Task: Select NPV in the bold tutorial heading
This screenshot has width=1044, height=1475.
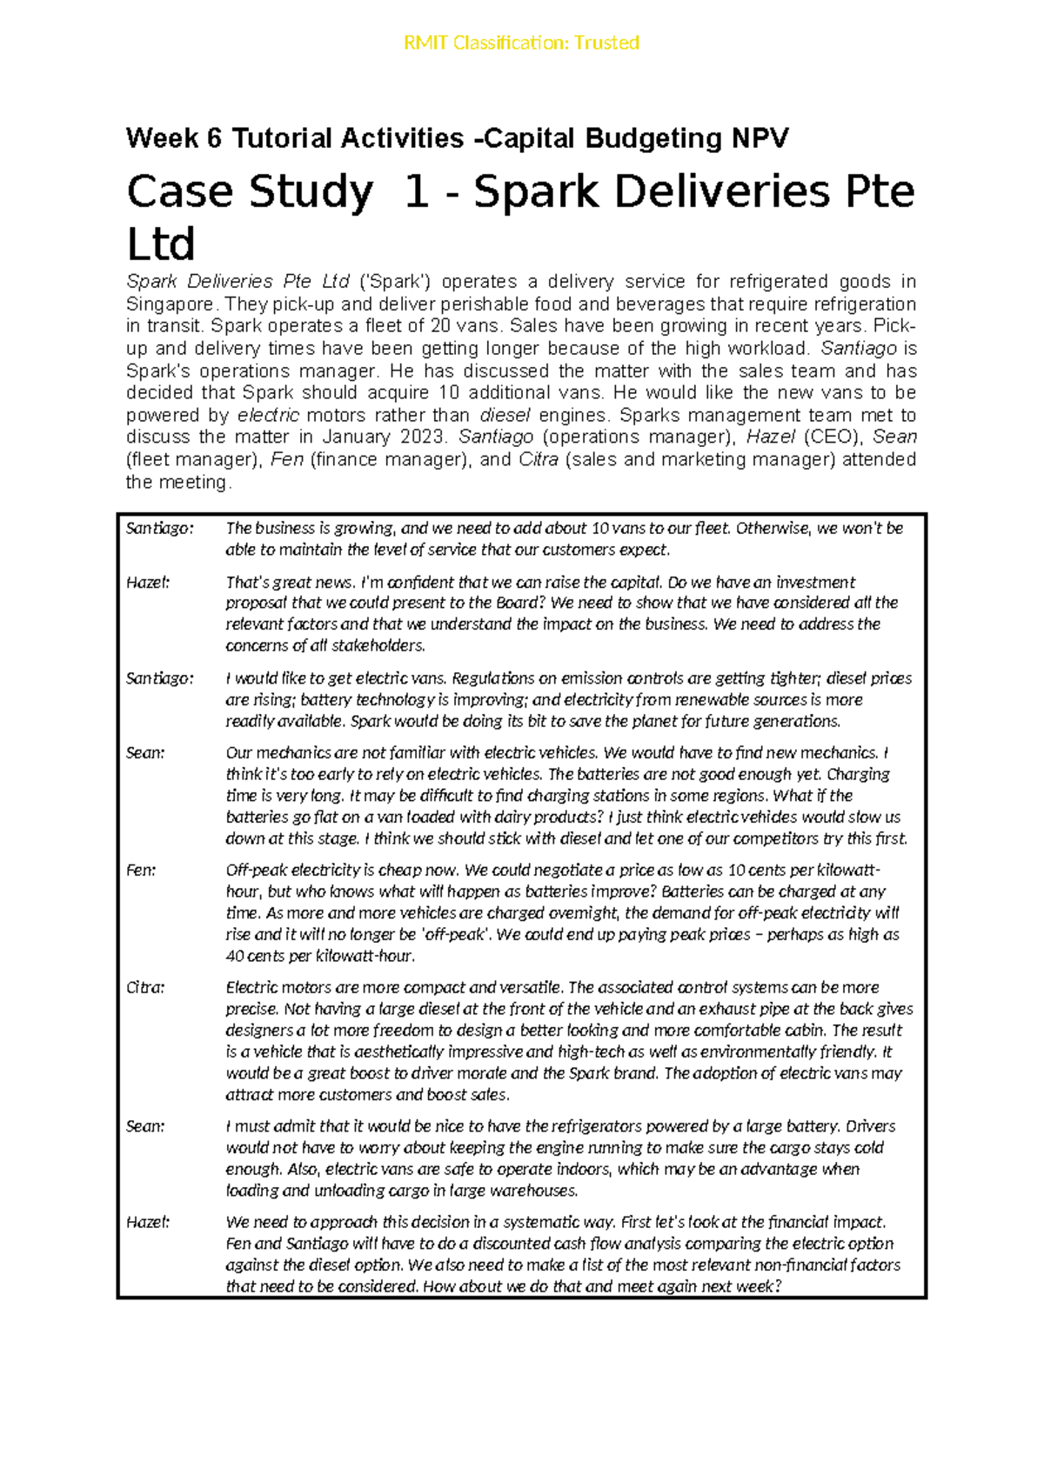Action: pos(760,137)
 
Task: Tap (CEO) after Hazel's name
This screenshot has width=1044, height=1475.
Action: pos(833,437)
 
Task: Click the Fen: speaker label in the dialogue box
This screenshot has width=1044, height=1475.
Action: pos(141,870)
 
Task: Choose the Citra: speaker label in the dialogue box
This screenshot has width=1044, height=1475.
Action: pos(145,987)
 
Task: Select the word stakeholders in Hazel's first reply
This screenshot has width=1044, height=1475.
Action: pos(380,645)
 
